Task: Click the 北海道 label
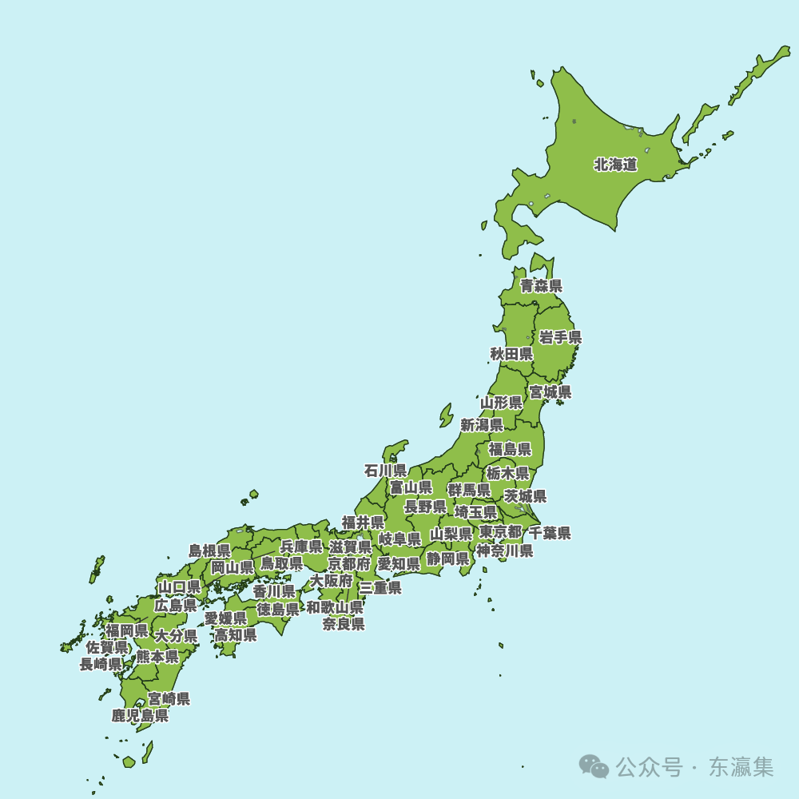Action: [615, 165]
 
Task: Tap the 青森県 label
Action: [541, 286]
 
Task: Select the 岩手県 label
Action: [560, 337]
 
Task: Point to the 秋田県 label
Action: [511, 354]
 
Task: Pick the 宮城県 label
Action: [551, 392]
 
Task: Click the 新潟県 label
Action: [482, 425]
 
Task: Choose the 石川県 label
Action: [385, 471]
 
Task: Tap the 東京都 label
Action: [500, 532]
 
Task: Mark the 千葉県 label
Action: [550, 534]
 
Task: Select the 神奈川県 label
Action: [505, 551]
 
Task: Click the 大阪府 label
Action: [332, 581]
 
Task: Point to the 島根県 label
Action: [209, 551]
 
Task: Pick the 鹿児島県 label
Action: [140, 716]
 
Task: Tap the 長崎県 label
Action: [101, 664]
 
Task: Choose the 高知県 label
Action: [235, 635]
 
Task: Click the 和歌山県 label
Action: [335, 607]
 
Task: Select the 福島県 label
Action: [510, 449]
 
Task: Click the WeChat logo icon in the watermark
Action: [594, 767]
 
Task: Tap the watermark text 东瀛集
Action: [741, 768]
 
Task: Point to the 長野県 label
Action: [425, 507]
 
